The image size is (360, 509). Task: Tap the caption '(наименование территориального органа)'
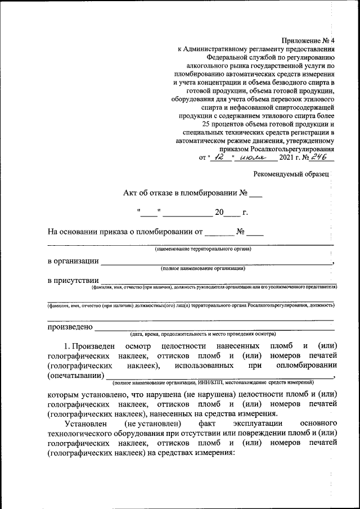(x=203, y=249)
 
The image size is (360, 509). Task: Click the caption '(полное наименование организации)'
(x=202, y=268)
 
